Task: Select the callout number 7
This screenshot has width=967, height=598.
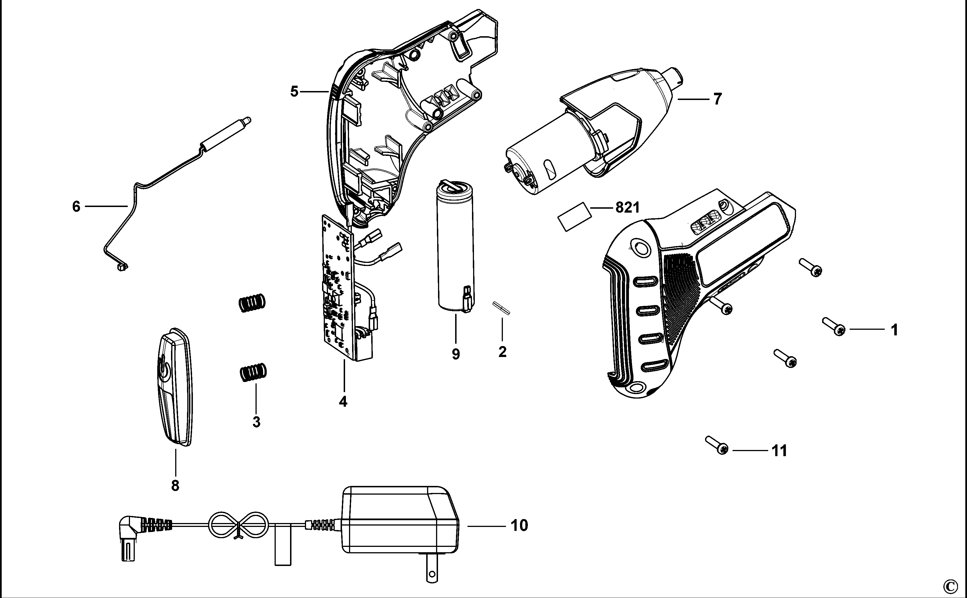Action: tap(718, 99)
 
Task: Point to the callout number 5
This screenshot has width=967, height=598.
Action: tap(294, 92)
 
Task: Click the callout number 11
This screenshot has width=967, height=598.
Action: tap(779, 451)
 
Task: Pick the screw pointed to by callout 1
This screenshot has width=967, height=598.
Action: tap(833, 327)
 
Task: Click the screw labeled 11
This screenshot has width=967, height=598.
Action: tap(716, 445)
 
